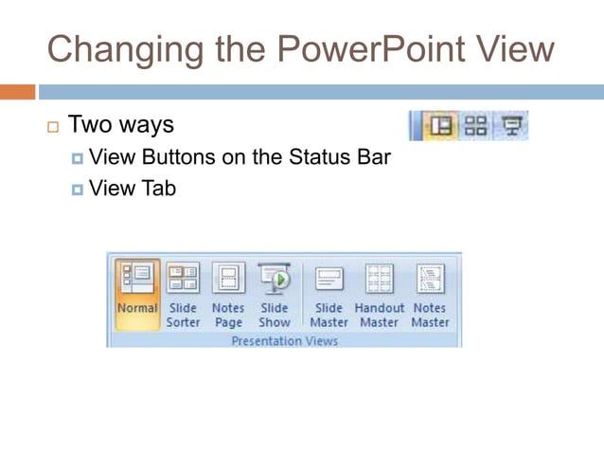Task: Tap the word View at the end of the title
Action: tap(512, 48)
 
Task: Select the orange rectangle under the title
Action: tap(17, 92)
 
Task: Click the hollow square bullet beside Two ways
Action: tap(52, 127)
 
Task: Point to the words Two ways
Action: tap(121, 125)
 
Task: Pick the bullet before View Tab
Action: tap(77, 190)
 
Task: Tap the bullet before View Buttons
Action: tap(77, 158)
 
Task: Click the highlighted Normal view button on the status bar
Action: tap(440, 125)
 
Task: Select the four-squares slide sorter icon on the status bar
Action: tap(476, 125)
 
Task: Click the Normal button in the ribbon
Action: tap(137, 294)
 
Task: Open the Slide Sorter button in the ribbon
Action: tap(184, 294)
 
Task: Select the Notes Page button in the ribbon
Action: tap(228, 294)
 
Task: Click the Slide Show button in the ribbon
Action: tap(275, 294)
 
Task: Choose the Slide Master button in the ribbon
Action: tap(329, 294)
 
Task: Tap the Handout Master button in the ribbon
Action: tap(379, 294)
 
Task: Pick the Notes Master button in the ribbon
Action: tap(430, 294)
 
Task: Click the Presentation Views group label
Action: tap(284, 340)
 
